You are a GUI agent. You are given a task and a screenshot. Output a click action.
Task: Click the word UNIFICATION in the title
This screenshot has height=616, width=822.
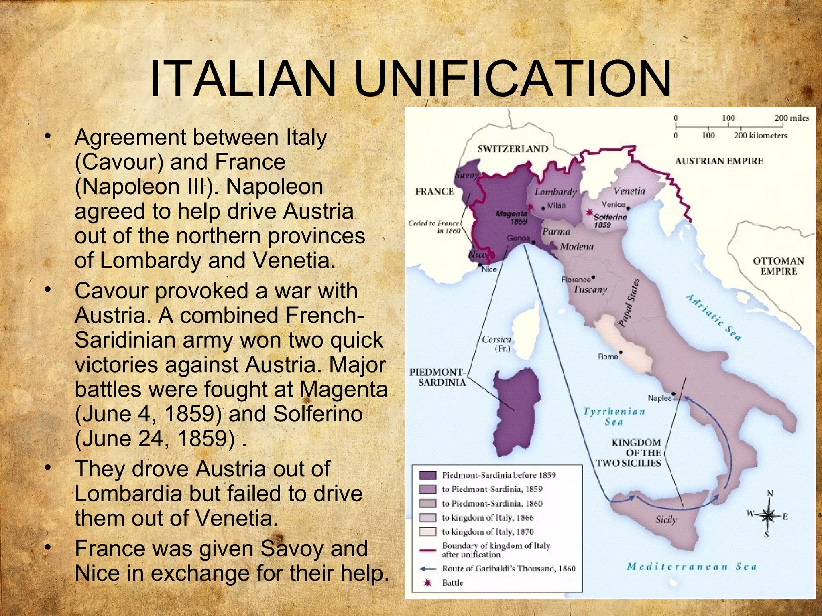[513, 79]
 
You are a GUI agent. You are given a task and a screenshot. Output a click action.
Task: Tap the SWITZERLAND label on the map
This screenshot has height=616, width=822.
[513, 149]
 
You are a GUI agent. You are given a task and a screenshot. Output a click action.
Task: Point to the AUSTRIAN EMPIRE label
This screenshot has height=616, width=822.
[719, 161]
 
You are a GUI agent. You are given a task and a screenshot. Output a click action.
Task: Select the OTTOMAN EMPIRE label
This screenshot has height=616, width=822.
[778, 266]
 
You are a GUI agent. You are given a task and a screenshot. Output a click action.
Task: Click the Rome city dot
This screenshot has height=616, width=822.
[621, 353]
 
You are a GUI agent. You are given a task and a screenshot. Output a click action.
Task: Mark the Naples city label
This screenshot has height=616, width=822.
[659, 398]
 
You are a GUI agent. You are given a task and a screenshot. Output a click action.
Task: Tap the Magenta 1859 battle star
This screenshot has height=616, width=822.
[530, 207]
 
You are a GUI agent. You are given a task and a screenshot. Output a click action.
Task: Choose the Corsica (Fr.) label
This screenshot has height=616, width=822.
[496, 344]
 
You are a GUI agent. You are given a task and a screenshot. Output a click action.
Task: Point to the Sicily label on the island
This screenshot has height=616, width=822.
[666, 520]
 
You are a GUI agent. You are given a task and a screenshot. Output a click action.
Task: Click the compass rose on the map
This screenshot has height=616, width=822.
[768, 515]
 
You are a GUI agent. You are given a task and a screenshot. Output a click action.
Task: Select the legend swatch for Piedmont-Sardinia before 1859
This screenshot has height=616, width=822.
[427, 475]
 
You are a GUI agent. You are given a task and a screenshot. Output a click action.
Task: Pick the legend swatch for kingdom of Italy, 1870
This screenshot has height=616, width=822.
[427, 532]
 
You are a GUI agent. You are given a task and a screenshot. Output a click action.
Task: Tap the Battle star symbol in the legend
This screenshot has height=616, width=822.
[428, 583]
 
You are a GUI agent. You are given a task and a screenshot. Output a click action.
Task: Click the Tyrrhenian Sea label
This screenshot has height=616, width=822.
[614, 416]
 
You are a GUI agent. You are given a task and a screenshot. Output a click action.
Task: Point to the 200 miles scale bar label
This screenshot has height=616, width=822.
[791, 118]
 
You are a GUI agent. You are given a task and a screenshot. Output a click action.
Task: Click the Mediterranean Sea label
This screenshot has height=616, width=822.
[692, 567]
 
